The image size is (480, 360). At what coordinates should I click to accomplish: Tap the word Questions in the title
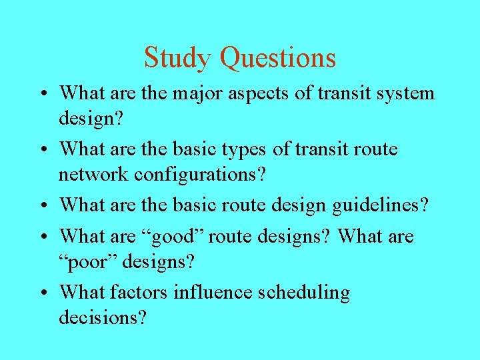278,58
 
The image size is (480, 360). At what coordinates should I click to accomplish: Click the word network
93,174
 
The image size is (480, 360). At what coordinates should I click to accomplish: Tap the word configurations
200,175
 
